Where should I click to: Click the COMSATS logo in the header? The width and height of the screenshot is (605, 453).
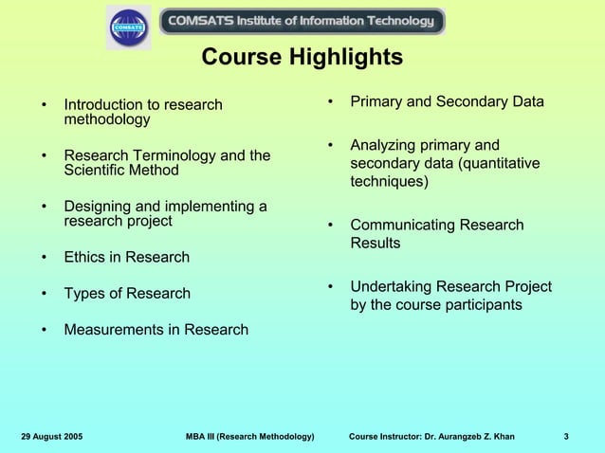pyautogui.click(x=128, y=27)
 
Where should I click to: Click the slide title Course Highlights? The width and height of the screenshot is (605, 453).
pyautogui.click(x=302, y=59)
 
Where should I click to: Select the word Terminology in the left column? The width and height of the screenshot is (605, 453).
pyautogui.click(x=190, y=155)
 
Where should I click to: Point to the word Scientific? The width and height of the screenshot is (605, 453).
pyautogui.click(x=96, y=171)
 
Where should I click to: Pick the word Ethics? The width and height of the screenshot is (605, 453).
pyautogui.click(x=83, y=258)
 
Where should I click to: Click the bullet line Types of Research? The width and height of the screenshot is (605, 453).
pyautogui.click(x=126, y=294)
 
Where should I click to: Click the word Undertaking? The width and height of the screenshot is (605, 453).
pyautogui.click(x=393, y=287)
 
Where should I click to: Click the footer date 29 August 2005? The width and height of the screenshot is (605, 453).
pyautogui.click(x=51, y=436)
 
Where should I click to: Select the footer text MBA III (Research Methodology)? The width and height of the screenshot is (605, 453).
pyautogui.click(x=251, y=436)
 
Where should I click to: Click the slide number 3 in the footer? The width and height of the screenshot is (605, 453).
pyautogui.click(x=565, y=436)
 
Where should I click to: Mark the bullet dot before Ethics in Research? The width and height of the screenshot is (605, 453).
pyautogui.click(x=44, y=258)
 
